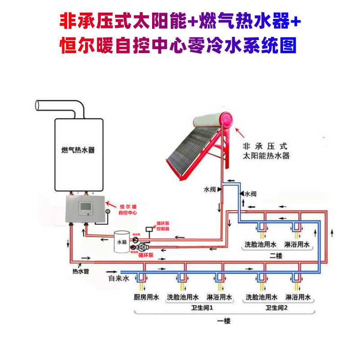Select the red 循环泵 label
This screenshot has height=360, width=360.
tap(145, 254)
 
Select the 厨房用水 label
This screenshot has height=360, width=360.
tap(147, 297)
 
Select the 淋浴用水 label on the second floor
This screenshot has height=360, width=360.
tap(297, 245)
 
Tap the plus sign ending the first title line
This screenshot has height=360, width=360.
tap(295, 21)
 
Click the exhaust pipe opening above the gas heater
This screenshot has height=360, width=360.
tap(38, 105)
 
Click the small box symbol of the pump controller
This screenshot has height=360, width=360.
tap(149, 229)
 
